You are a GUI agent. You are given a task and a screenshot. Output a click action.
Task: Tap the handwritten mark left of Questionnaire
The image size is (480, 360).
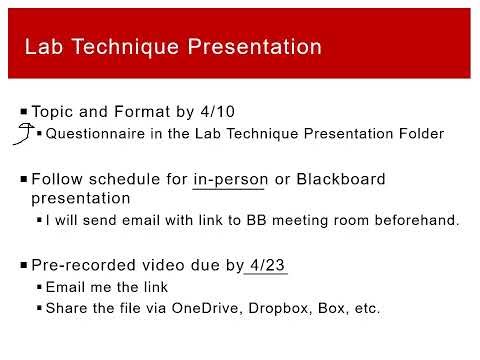[18, 133]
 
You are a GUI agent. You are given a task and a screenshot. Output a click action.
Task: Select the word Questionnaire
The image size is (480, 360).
[93, 133]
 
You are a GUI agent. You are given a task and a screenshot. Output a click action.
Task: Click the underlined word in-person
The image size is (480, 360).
[230, 180]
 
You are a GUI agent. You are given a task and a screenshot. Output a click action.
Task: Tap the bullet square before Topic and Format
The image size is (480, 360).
[23, 110]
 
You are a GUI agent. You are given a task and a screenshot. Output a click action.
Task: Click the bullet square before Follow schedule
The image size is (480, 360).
[23, 179]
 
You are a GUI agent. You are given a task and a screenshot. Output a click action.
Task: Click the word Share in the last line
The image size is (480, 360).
[67, 308]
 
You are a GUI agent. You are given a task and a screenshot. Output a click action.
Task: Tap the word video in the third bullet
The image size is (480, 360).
[167, 265]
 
